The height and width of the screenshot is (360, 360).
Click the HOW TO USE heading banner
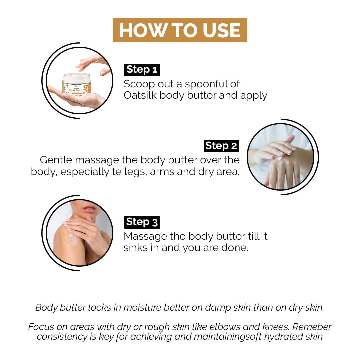coord(180,30)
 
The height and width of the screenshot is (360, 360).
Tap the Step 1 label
coord(142,70)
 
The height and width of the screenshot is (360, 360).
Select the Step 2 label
coord(222,146)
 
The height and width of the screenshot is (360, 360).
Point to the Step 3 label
coord(142,222)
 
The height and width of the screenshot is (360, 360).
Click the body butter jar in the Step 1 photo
coord(77,84)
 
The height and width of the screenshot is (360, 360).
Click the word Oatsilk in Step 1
coord(140,95)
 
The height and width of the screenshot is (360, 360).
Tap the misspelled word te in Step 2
coord(117,172)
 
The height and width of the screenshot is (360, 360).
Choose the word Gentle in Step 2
coord(56,160)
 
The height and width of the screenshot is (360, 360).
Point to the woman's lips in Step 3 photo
coord(90,209)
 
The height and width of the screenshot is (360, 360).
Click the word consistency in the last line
coord(62,337)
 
